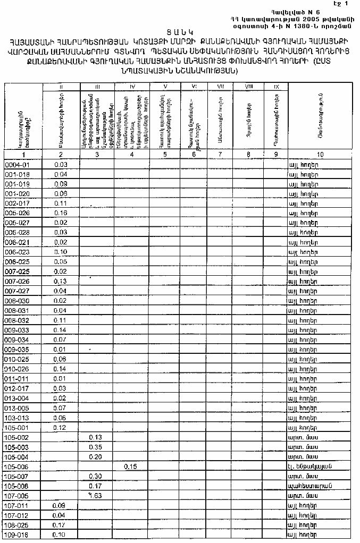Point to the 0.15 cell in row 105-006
click(131, 466)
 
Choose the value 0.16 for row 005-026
click(61, 213)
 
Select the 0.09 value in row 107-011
click(60, 505)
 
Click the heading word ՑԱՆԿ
click(180, 32)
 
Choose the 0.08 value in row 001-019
click(61, 184)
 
